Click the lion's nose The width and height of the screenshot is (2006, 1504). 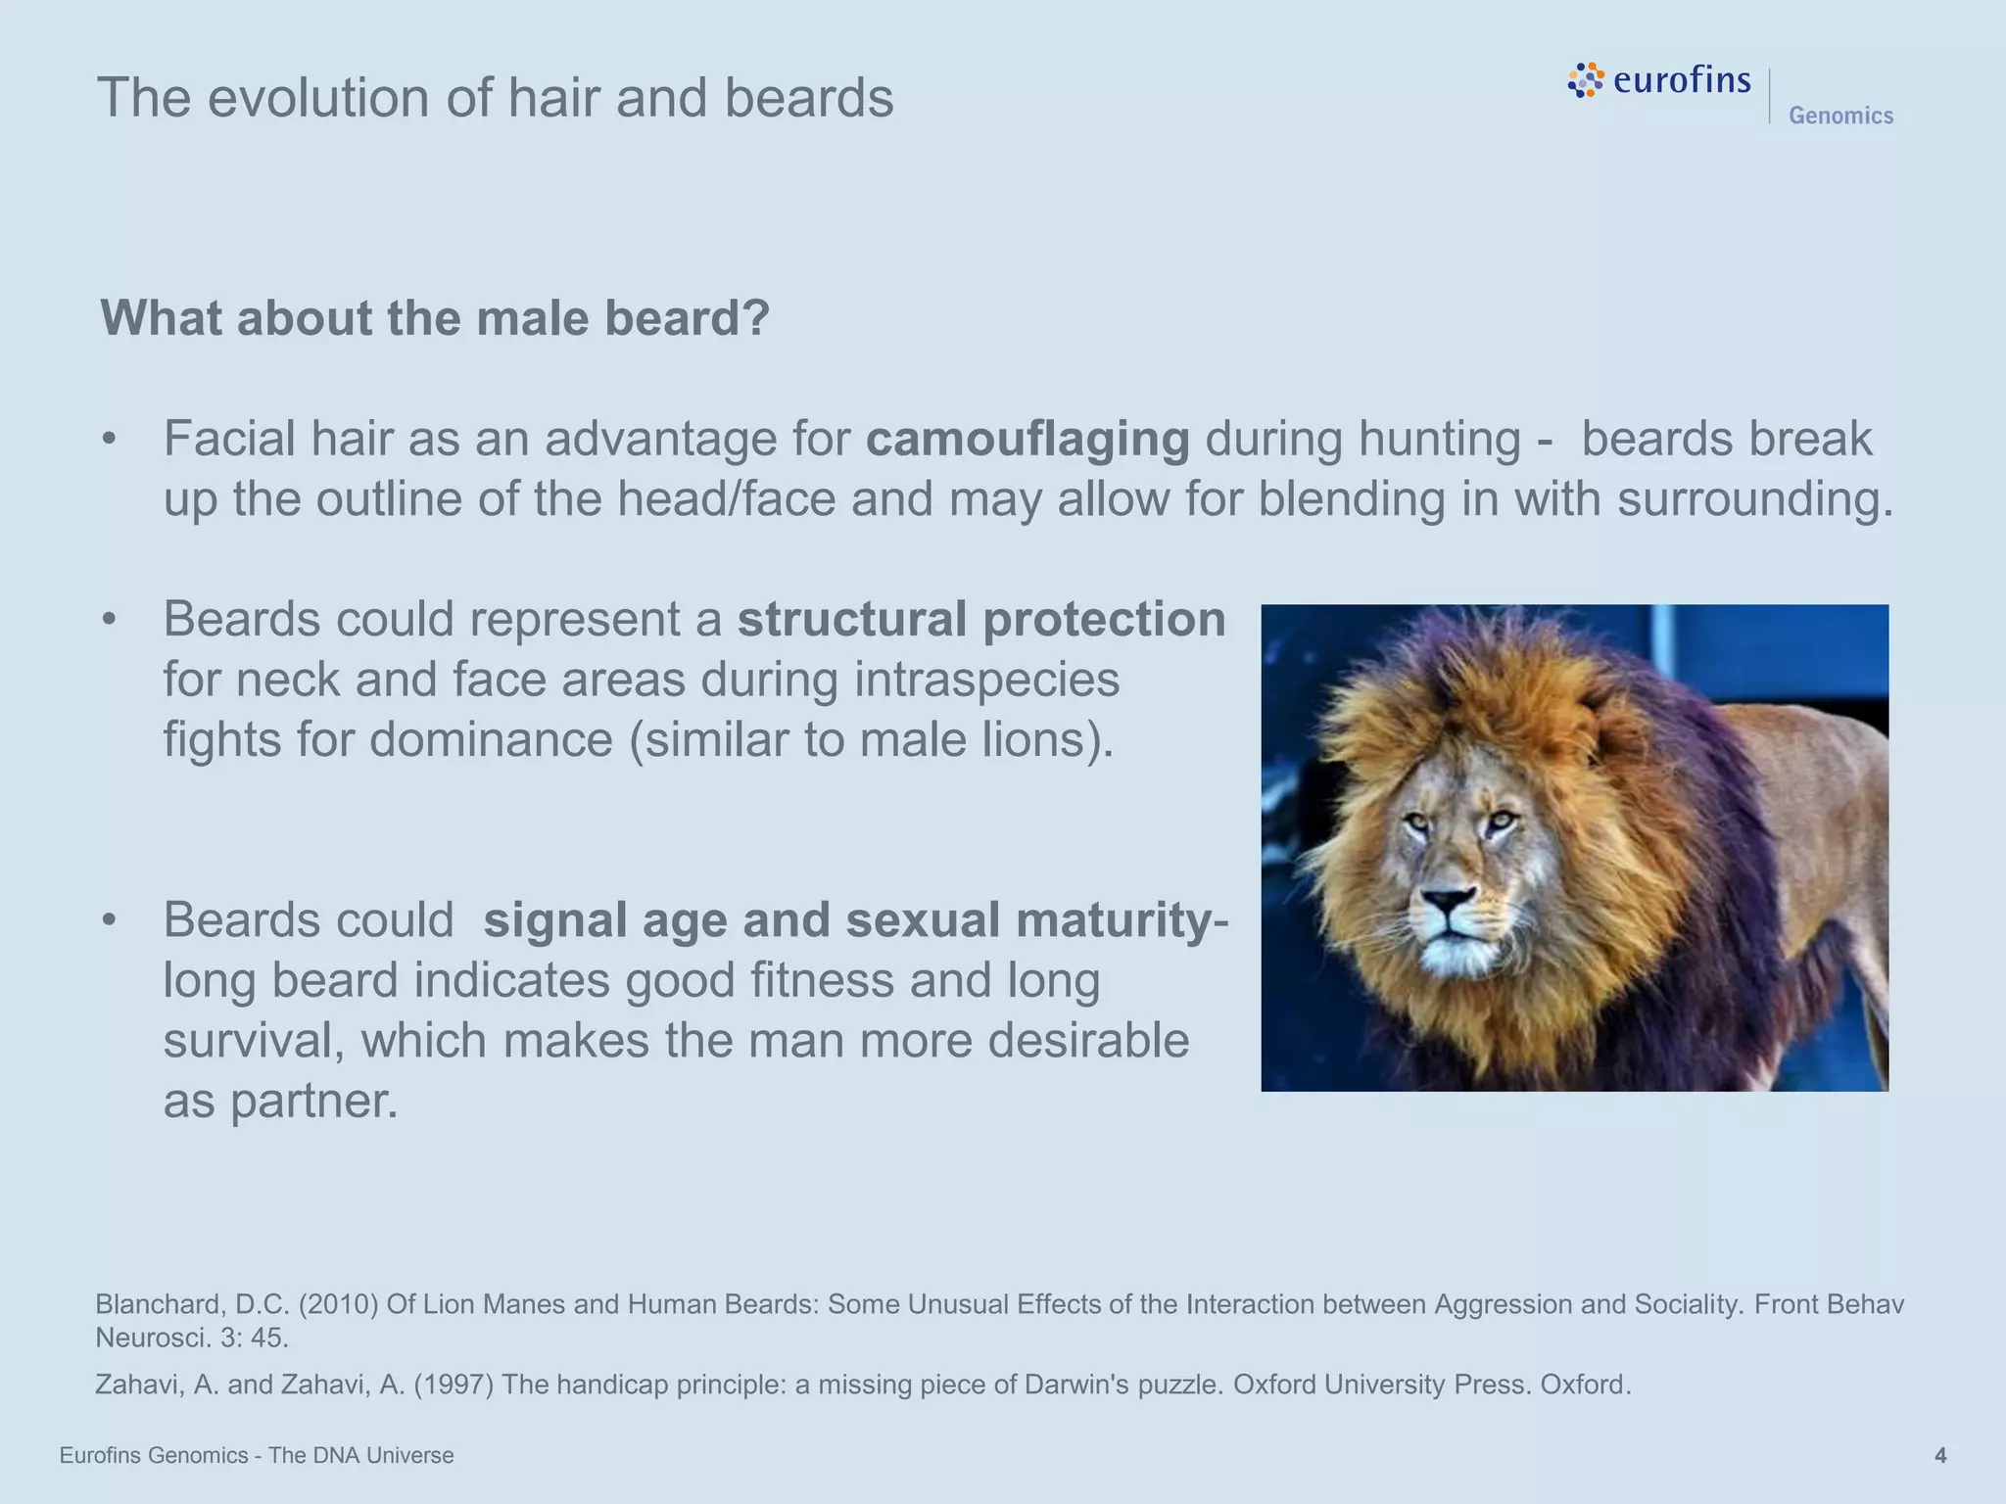point(1449,898)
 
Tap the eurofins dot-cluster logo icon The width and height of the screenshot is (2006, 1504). point(1586,80)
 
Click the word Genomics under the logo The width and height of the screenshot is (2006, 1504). point(1840,116)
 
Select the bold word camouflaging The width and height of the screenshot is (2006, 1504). point(1027,439)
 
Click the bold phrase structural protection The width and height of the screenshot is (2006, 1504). point(981,619)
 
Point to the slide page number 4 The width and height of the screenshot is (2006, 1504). point(1940,1456)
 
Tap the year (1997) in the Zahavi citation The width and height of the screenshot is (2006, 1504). point(454,1385)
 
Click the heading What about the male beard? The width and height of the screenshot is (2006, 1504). point(435,318)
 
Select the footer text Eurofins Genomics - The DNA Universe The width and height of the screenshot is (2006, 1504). point(257,1456)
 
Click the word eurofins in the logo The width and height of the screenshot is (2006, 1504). point(1681,78)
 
